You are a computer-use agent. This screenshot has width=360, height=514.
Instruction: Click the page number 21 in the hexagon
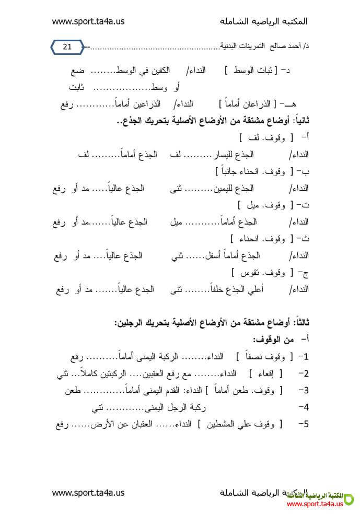pos(67,47)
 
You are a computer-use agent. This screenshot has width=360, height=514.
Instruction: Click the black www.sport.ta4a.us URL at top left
pos(88,21)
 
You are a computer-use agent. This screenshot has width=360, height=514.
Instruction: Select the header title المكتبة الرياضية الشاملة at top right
pos(264,21)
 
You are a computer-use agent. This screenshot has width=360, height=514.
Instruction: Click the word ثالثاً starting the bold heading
pos(297,324)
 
